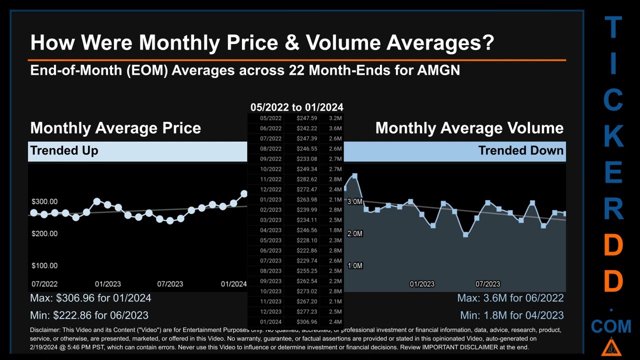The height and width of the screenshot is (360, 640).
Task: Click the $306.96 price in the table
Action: point(306,322)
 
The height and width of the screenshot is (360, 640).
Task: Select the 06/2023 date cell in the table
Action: point(270,250)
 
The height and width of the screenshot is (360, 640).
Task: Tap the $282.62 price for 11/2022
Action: point(306,179)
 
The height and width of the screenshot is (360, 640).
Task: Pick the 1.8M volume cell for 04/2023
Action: point(335,230)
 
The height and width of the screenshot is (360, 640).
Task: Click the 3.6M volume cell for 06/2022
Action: point(335,128)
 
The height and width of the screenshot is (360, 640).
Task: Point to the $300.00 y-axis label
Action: point(44,201)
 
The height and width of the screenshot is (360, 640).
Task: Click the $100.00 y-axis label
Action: point(44,265)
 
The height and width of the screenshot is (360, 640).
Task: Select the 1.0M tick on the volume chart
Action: point(354,265)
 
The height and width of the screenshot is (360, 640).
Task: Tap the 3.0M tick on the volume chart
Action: point(354,201)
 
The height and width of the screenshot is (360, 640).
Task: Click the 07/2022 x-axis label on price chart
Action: point(44,284)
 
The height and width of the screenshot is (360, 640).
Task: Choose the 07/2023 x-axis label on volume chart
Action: point(487,284)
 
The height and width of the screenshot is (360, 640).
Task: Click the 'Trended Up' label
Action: point(64,150)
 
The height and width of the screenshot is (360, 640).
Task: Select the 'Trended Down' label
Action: point(521,150)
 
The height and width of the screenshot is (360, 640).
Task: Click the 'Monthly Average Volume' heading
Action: point(469,128)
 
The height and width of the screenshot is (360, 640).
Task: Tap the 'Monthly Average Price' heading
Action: point(115,128)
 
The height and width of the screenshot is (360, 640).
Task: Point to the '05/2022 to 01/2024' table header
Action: point(297,107)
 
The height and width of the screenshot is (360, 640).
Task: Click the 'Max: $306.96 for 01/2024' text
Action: point(90,298)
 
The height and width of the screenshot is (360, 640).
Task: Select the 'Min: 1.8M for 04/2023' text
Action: point(511,315)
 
